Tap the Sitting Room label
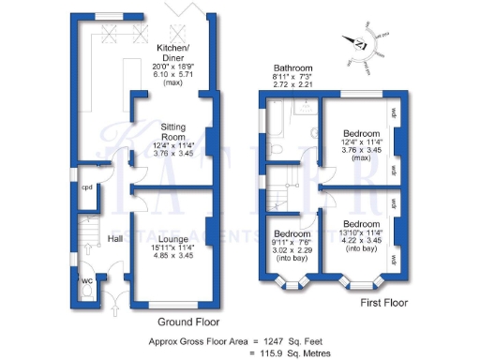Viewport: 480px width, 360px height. click(172, 130)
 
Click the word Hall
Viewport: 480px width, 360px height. click(115, 239)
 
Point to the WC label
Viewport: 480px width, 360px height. click(87, 278)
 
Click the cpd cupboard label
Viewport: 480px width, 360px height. click(86, 187)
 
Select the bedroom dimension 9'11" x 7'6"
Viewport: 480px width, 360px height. click(292, 241)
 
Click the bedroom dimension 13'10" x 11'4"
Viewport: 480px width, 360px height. click(361, 234)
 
